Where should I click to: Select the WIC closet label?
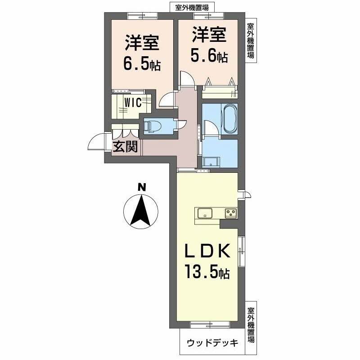pos(133,103)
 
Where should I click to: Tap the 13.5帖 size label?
pos(207,272)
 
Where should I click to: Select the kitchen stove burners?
pos(231,213)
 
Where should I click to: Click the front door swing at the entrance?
pos(96,143)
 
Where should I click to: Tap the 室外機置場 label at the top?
pos(192,7)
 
